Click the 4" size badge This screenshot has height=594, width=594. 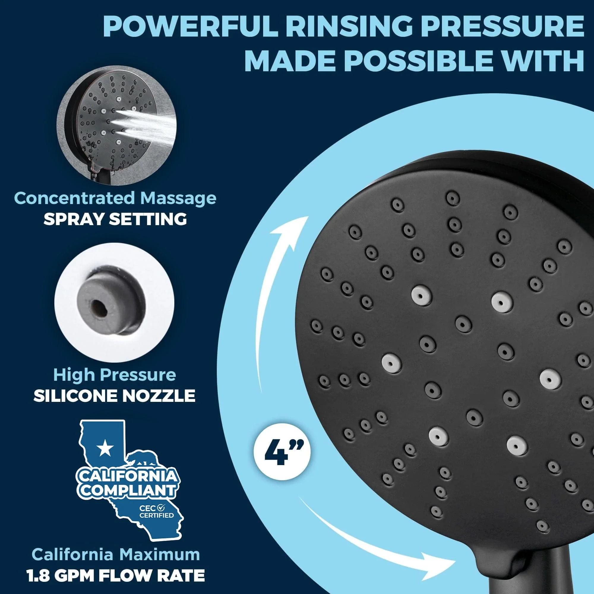[x=282, y=454]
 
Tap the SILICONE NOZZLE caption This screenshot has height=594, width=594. [x=114, y=396]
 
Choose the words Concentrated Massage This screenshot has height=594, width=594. [x=115, y=198]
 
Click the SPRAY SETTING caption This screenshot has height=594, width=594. [x=115, y=219]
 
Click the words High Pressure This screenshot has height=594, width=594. [x=114, y=375]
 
